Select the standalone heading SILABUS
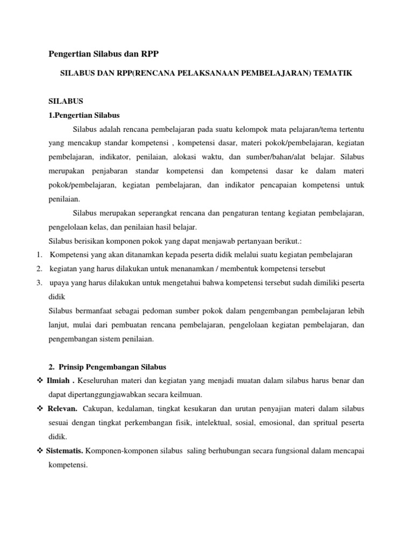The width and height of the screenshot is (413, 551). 66,101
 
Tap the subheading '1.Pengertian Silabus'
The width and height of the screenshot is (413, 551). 84,115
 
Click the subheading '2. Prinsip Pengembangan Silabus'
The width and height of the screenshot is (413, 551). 107,367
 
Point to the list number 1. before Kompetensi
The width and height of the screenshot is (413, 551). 40,255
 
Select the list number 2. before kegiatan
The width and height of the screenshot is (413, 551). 40,269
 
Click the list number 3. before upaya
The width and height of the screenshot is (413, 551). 40,282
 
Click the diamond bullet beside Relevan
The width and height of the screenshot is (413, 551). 40,409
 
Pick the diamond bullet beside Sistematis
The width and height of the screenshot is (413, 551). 40,451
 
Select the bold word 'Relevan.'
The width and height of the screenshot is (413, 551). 62,409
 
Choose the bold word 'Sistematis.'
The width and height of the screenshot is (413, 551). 66,451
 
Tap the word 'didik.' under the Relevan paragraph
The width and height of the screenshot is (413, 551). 58,437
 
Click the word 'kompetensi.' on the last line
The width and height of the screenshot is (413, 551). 68,465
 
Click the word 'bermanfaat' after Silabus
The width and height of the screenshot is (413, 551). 92,311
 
